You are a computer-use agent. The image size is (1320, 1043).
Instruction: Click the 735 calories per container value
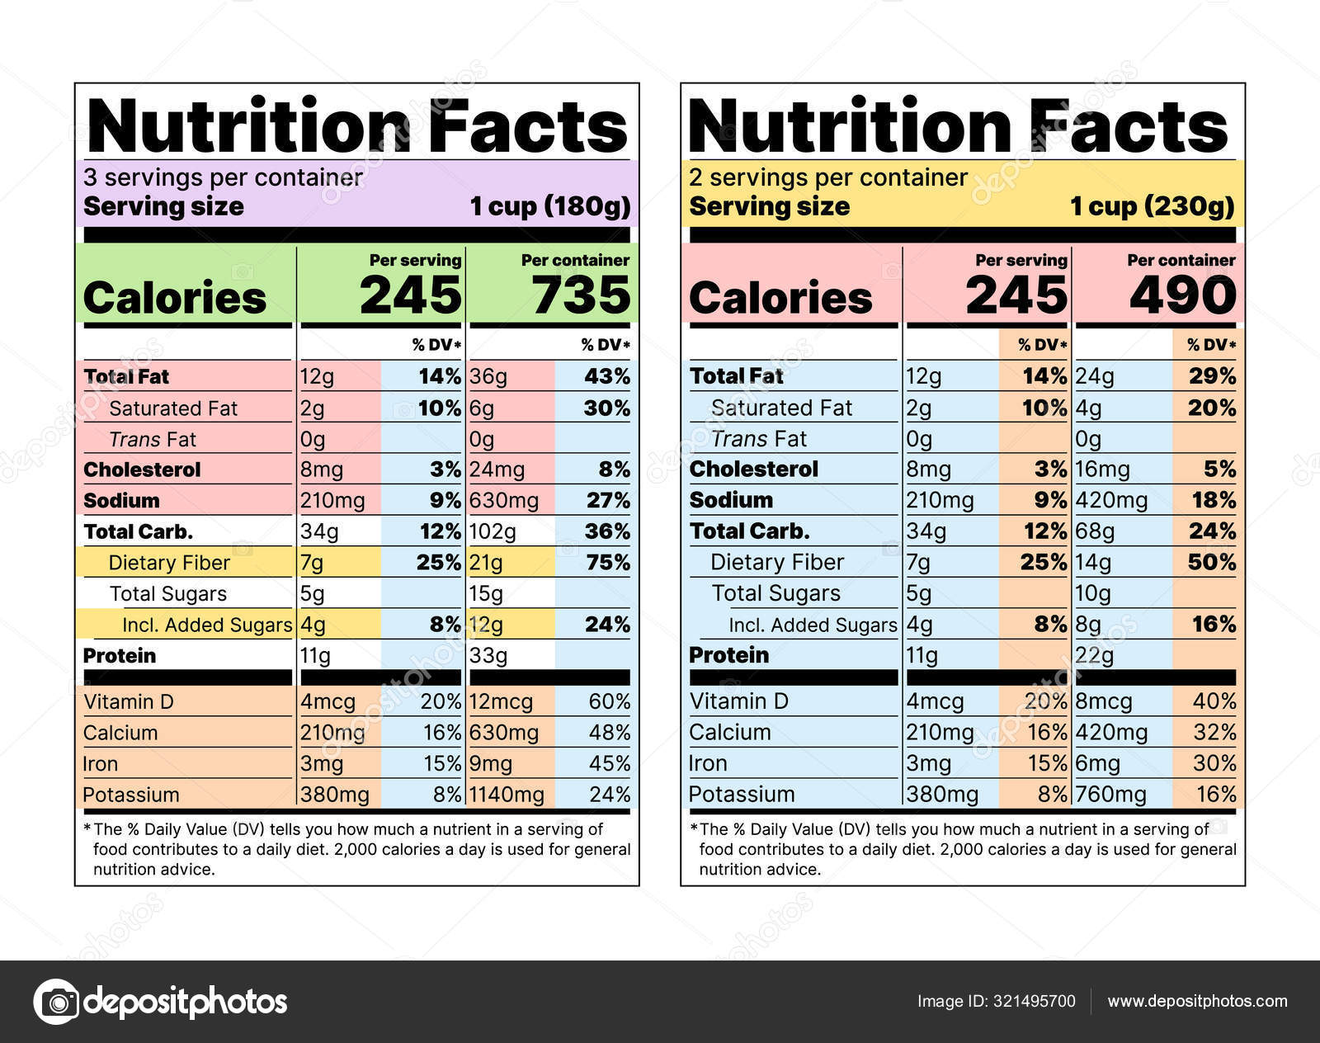(581, 295)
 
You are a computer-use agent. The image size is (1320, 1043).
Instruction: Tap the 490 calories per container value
(1182, 295)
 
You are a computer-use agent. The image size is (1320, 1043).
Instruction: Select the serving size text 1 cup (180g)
(550, 206)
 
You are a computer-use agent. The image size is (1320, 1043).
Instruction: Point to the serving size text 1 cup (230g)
(1153, 206)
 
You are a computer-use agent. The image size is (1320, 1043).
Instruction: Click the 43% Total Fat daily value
(607, 376)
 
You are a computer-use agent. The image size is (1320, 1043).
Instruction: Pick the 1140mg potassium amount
(507, 795)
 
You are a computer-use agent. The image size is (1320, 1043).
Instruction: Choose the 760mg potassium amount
(1110, 795)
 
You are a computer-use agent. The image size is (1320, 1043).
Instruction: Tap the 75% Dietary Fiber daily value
(607, 563)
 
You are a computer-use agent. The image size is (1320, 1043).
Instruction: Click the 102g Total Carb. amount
(493, 531)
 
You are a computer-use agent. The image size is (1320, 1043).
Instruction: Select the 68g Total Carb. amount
(1095, 531)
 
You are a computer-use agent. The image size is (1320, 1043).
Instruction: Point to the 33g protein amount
(488, 656)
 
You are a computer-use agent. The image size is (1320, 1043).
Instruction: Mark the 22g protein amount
(1094, 656)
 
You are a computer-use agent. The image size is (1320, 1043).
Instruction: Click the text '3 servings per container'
(223, 177)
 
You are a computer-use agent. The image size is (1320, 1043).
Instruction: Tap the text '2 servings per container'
(828, 177)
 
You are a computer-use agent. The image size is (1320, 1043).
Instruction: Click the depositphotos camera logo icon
(56, 1002)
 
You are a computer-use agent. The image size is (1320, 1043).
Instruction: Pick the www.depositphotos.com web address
(1197, 1002)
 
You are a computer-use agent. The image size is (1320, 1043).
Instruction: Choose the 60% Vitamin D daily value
(610, 702)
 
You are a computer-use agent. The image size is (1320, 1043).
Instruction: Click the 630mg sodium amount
(503, 501)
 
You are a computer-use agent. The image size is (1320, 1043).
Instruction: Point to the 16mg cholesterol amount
(1102, 470)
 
